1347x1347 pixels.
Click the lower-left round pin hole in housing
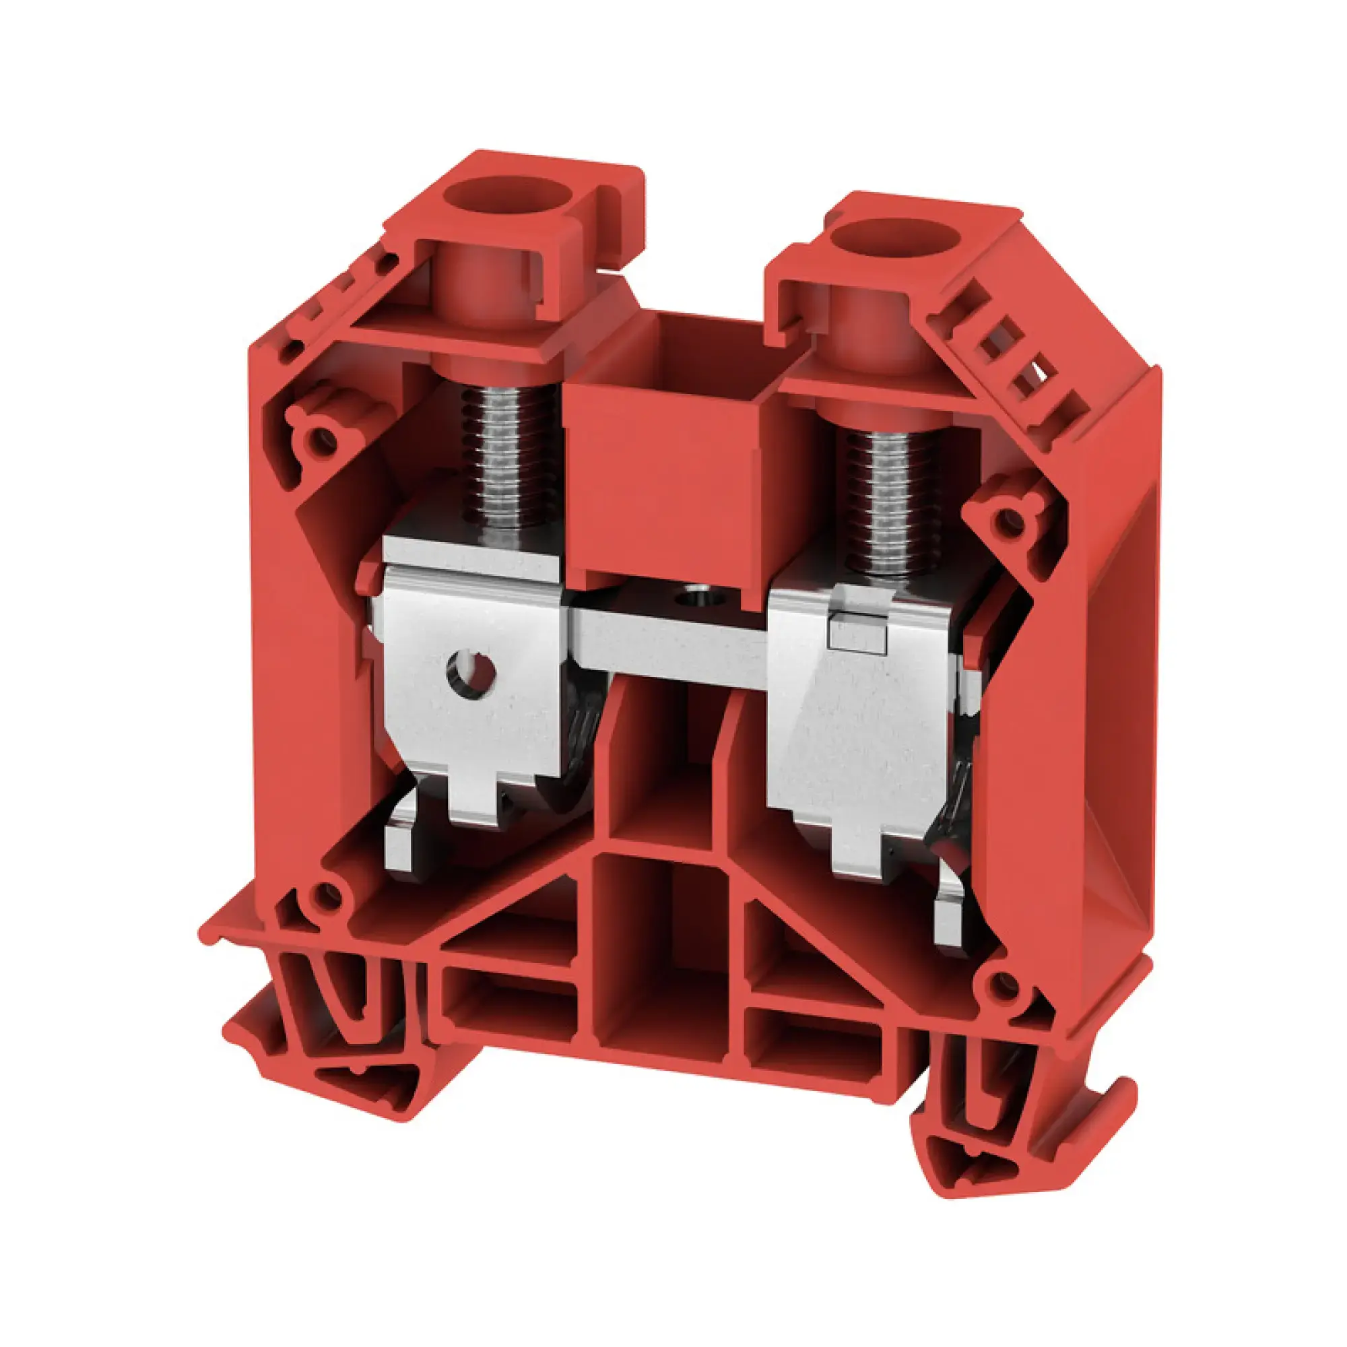[323, 895]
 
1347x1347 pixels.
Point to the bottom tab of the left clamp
[476, 801]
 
